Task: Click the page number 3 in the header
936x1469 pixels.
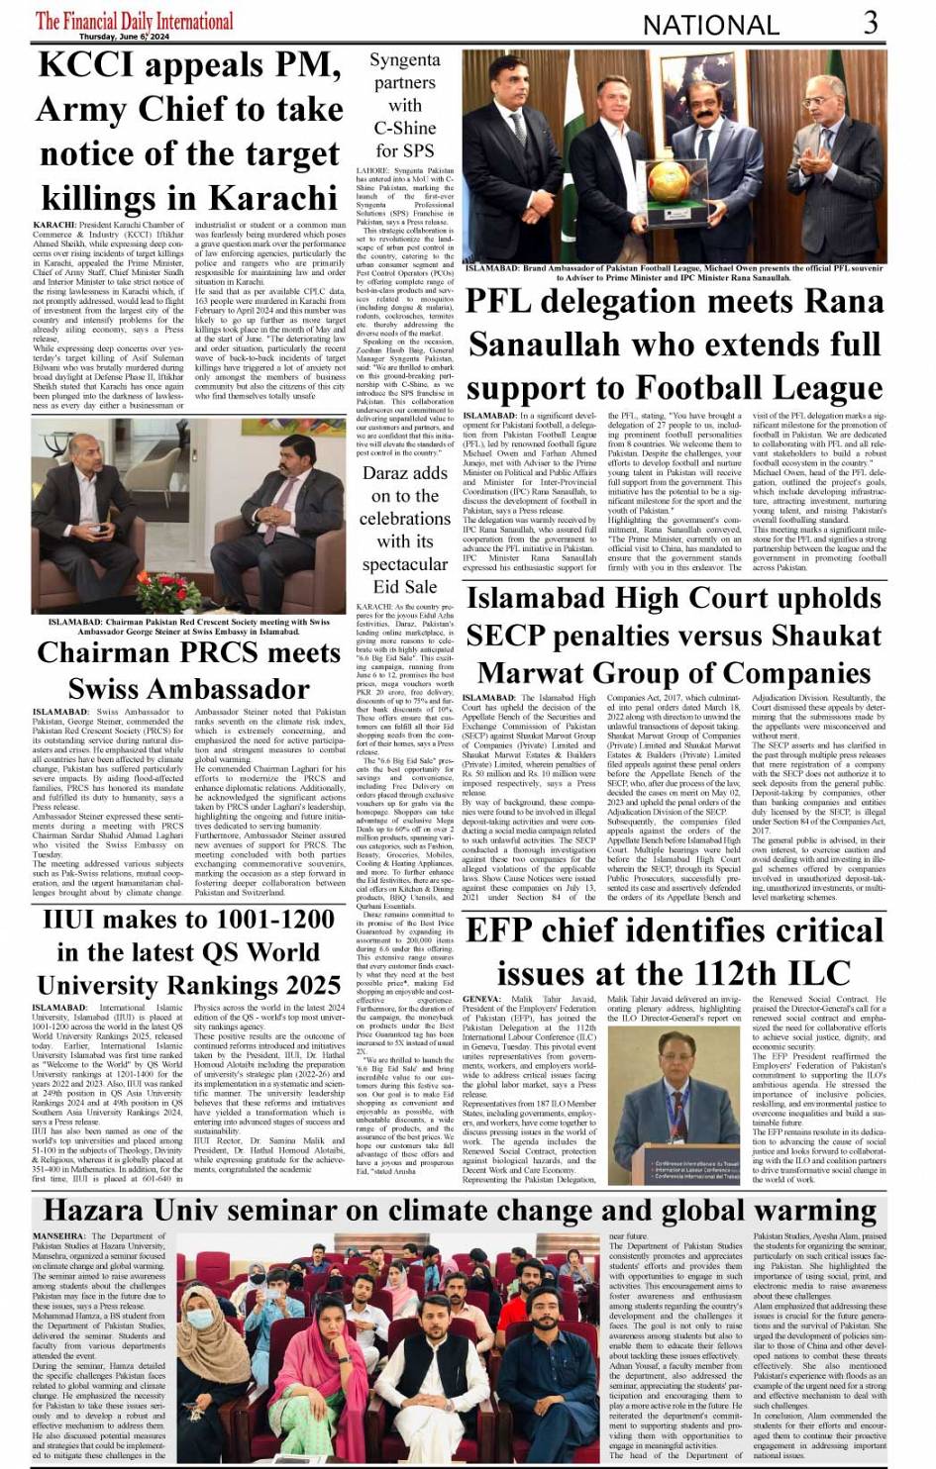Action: pyautogui.click(x=870, y=22)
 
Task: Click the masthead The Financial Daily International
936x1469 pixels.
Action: pyautogui.click(x=135, y=20)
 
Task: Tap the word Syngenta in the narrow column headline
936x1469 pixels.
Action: pyautogui.click(x=404, y=60)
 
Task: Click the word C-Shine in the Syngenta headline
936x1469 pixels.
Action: pyautogui.click(x=404, y=128)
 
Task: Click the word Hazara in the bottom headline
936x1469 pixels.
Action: pyautogui.click(x=106, y=1211)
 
